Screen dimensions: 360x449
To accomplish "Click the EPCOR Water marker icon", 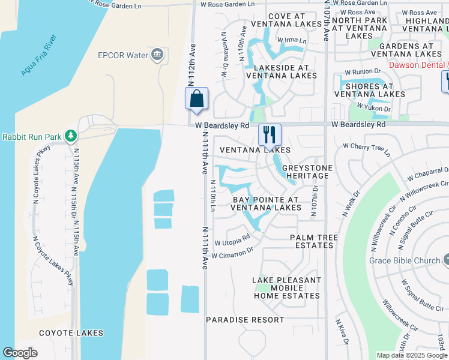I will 157,55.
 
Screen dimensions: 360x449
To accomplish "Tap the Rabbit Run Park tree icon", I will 71,136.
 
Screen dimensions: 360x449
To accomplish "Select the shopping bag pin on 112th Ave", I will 196,99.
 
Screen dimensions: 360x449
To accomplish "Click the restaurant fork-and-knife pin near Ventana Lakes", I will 270,134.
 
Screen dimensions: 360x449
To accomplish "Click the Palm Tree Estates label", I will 312,241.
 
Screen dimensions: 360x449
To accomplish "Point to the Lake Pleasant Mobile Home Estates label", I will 286,288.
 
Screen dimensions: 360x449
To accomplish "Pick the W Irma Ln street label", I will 291,41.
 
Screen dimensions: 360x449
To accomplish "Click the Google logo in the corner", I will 20,352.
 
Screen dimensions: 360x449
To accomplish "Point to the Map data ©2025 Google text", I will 412,355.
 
